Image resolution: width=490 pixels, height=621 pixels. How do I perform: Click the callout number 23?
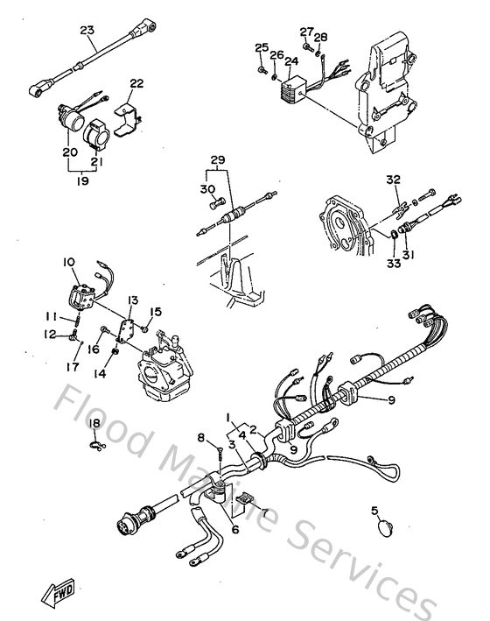[x=87, y=32]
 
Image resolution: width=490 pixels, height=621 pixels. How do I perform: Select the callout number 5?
[x=374, y=510]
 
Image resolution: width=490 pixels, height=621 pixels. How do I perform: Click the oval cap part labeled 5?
[x=386, y=527]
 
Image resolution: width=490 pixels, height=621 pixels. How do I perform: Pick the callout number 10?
[x=69, y=260]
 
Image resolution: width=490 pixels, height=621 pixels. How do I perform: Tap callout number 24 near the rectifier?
[x=290, y=60]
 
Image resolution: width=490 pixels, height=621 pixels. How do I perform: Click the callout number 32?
[x=394, y=179]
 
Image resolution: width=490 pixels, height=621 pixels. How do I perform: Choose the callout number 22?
[x=136, y=83]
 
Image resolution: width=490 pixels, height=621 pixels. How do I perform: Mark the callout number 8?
[x=200, y=438]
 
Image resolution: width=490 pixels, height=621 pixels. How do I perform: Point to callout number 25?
[x=260, y=47]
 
